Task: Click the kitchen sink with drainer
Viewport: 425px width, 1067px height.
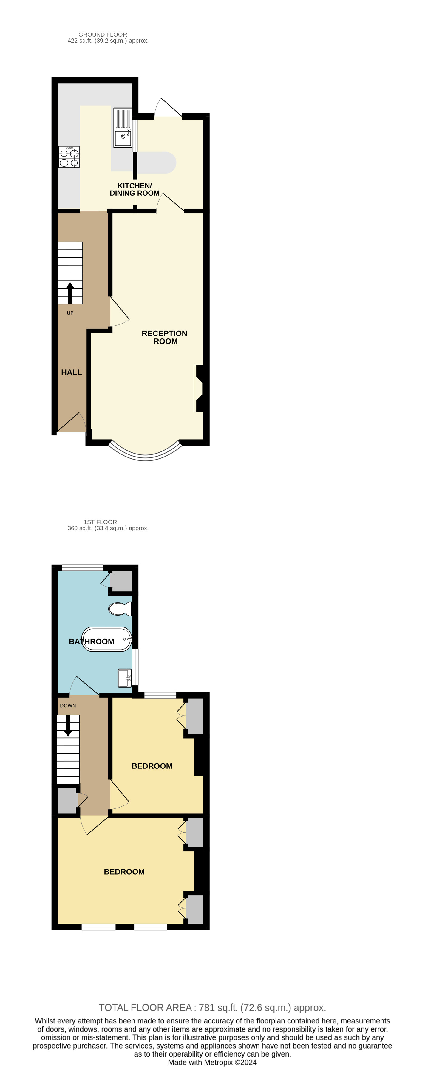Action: coord(123,128)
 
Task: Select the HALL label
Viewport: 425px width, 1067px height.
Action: coord(71,372)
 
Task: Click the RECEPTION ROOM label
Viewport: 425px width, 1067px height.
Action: coord(164,337)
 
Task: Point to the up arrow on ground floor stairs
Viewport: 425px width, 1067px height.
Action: coord(70,293)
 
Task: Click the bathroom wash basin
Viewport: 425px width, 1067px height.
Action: coord(125,678)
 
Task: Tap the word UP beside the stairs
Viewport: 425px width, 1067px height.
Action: coord(70,313)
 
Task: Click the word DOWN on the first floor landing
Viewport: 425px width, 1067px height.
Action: coord(68,705)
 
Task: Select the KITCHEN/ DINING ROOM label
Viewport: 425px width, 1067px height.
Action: coord(135,189)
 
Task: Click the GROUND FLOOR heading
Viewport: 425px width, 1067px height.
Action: coord(103,34)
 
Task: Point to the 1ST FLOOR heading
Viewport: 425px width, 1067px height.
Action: coord(100,522)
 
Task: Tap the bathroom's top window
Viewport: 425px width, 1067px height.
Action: coord(82,567)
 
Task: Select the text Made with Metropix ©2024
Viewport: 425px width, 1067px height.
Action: coord(212,1062)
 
